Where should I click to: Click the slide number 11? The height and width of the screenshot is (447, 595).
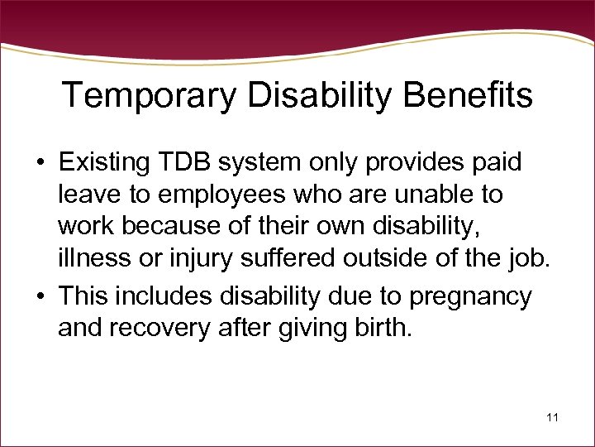552,418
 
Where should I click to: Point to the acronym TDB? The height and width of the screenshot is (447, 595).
193,162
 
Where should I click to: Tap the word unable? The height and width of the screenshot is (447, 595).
429,195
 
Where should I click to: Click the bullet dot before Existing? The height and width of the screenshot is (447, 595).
40,163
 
